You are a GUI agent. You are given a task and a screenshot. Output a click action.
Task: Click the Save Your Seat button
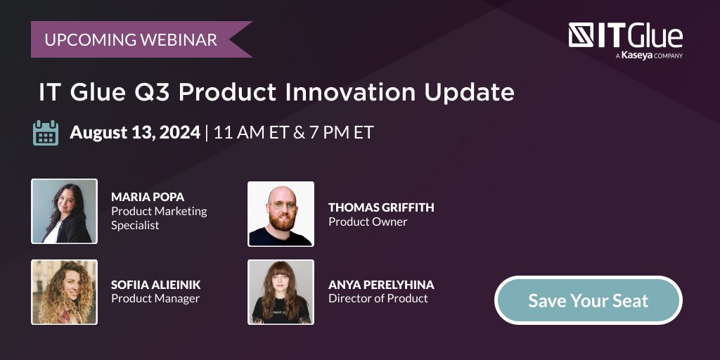point(588,301)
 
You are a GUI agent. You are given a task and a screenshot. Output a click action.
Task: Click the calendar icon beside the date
point(46,132)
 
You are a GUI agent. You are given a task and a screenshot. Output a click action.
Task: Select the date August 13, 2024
point(135,132)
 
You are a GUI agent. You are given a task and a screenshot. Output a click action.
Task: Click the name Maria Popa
point(147,197)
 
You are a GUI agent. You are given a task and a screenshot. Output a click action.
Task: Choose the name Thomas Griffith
point(381,207)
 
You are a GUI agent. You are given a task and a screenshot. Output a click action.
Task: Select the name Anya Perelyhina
point(381,285)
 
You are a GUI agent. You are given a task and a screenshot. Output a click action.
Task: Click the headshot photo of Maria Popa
point(64,211)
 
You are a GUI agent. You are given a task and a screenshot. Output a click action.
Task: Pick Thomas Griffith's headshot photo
point(281,214)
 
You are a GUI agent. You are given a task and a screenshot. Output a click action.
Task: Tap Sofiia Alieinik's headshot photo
point(64,292)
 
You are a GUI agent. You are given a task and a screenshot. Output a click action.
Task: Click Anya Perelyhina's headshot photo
point(281,292)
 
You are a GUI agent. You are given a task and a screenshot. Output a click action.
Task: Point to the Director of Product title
point(378,298)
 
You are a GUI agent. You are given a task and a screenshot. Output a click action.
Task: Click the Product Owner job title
point(368,221)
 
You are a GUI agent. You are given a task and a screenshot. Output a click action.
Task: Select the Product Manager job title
point(155,298)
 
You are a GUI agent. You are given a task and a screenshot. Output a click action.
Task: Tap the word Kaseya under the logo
point(636,55)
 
